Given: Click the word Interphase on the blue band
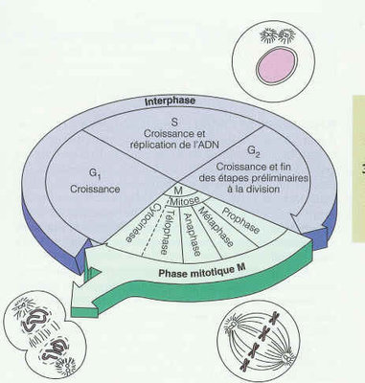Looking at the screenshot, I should [x=171, y=99].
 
